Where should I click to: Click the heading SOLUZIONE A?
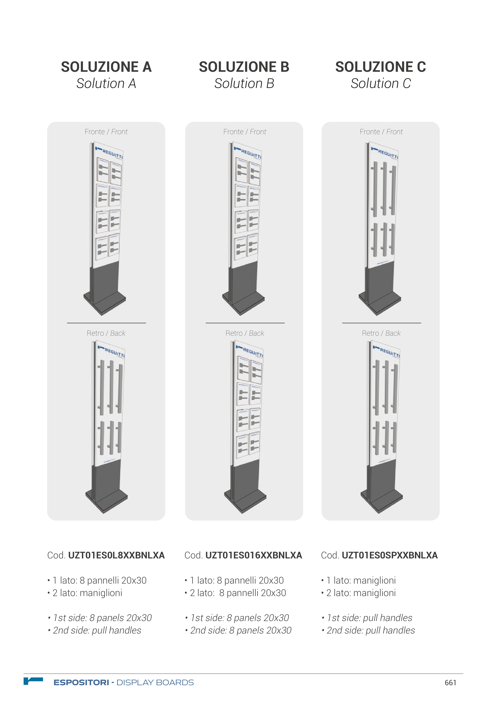click(106, 67)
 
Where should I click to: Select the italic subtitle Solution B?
click(244, 83)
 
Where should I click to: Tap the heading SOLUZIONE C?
click(381, 67)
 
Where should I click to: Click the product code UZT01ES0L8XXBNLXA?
click(116, 555)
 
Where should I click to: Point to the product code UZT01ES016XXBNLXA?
click(254, 555)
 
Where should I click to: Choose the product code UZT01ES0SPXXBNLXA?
click(390, 555)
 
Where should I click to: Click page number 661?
click(450, 682)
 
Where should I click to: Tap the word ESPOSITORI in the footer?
click(81, 682)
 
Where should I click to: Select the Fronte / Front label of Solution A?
click(106, 132)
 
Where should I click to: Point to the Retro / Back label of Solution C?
click(381, 333)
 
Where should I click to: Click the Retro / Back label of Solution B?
click(245, 333)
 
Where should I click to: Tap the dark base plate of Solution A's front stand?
click(105, 304)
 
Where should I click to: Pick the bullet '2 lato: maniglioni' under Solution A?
click(87, 593)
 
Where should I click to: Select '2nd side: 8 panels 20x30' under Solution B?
click(238, 630)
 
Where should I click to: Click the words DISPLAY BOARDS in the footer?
click(155, 682)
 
